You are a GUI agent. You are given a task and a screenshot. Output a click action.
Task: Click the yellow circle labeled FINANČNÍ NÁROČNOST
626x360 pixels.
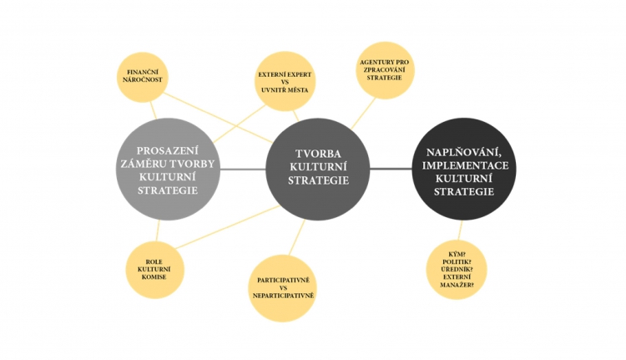tap(142, 77)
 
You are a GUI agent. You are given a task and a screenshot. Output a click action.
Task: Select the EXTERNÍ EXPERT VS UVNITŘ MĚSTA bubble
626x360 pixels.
tap(285, 82)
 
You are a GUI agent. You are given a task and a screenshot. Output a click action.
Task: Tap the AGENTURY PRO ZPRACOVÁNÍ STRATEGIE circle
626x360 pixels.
tap(385, 70)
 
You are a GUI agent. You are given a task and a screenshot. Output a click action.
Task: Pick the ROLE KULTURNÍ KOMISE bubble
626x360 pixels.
tap(154, 269)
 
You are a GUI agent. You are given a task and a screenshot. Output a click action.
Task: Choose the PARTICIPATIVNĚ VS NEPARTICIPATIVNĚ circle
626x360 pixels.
tap(283, 288)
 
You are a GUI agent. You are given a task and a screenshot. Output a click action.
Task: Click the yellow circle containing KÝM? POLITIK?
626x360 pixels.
tap(457, 270)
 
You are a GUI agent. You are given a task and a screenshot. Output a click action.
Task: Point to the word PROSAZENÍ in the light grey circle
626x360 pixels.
tap(167, 151)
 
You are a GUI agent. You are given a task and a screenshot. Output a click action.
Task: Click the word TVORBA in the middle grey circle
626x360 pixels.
tap(318, 154)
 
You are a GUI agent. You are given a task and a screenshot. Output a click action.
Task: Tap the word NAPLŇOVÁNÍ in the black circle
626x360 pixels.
tap(464, 153)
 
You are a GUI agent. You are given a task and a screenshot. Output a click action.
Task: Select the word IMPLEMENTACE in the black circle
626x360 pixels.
tap(465, 165)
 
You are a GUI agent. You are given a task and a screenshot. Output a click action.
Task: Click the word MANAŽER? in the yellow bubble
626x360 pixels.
tap(457, 285)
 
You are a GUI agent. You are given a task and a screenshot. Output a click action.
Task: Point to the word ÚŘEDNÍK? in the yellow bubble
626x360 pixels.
tap(457, 269)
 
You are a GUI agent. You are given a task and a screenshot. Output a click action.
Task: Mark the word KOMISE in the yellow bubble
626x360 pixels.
tap(154, 277)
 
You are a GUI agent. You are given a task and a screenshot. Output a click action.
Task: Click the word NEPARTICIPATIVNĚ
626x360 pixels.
tap(284, 296)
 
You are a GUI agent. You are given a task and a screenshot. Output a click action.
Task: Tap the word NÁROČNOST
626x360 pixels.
tap(143, 80)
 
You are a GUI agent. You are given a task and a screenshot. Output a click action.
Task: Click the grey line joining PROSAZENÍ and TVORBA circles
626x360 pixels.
tap(243, 170)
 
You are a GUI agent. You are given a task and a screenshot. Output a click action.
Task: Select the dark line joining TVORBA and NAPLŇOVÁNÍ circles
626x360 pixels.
tap(391, 169)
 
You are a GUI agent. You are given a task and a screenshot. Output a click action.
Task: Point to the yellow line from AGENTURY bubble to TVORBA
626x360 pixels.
tap(363, 114)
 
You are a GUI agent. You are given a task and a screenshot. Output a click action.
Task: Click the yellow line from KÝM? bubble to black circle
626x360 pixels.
tap(460, 231)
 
